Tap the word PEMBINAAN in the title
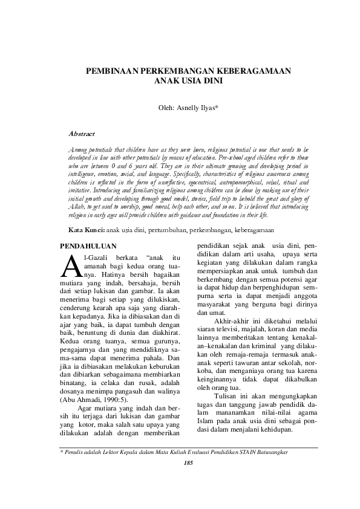(x=111, y=71)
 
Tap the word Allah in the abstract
(x=77, y=207)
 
